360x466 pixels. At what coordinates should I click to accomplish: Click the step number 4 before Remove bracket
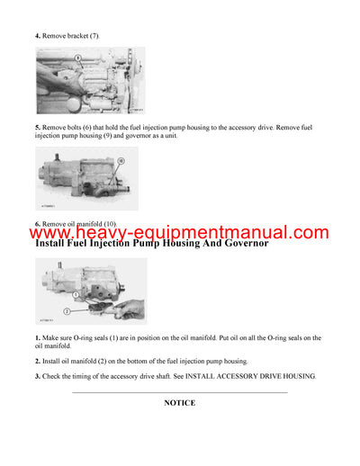(x=37, y=35)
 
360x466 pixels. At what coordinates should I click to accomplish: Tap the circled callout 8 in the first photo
(x=77, y=57)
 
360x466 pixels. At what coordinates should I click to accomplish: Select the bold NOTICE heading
(x=179, y=402)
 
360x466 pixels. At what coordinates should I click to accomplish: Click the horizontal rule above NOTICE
(x=179, y=391)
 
